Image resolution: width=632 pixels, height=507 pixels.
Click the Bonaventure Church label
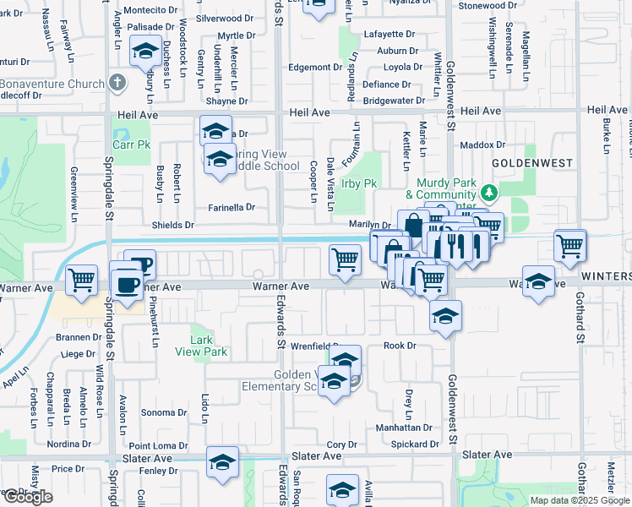coord(51,84)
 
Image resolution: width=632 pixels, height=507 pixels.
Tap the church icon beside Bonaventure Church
coord(117,84)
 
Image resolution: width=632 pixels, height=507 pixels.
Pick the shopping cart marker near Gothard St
coord(570,246)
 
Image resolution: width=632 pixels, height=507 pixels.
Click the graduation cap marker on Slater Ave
coord(222,461)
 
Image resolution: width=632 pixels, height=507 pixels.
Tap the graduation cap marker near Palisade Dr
coord(145,52)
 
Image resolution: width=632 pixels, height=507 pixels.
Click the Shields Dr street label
coord(172,226)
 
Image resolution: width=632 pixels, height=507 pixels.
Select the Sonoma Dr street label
coord(164,412)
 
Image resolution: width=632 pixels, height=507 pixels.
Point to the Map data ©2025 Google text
coord(579,500)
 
